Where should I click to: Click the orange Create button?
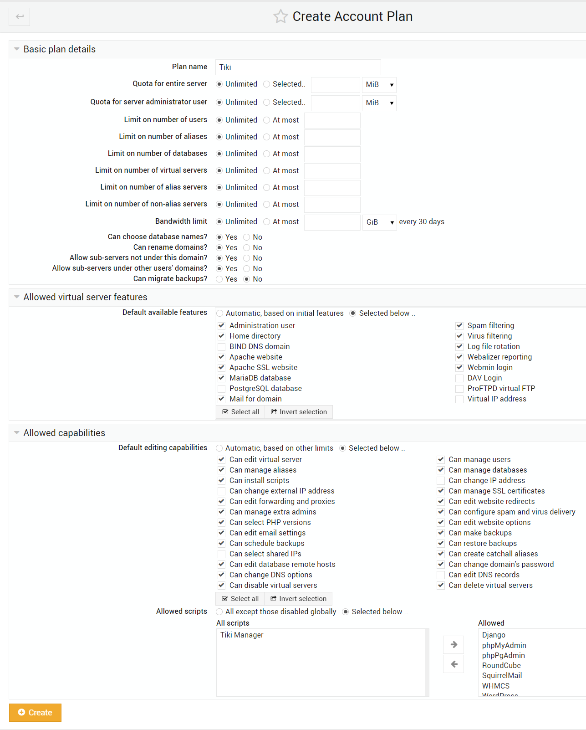coord(35,712)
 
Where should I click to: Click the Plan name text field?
coord(298,67)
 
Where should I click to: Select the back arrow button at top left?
coord(20,17)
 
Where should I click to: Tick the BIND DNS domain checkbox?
coord(222,347)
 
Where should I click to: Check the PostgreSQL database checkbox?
coord(222,389)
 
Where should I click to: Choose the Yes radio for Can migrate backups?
coord(219,279)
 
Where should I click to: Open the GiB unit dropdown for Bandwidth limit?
coord(379,222)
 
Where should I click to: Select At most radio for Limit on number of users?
coord(267,120)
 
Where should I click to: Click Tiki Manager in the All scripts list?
coord(242,635)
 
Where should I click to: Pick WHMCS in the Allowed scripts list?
coord(496,686)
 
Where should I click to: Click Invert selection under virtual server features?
coord(299,412)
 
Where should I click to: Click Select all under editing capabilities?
coord(240,599)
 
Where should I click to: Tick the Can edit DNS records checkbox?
coord(441,575)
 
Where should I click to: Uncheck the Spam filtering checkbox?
coord(459,326)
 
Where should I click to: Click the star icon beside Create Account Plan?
coord(280,17)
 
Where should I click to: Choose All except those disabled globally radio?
coord(219,612)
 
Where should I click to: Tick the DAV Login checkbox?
coord(459,378)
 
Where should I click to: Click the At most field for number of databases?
coord(332,154)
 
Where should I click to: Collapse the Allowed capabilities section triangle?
coord(16,433)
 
